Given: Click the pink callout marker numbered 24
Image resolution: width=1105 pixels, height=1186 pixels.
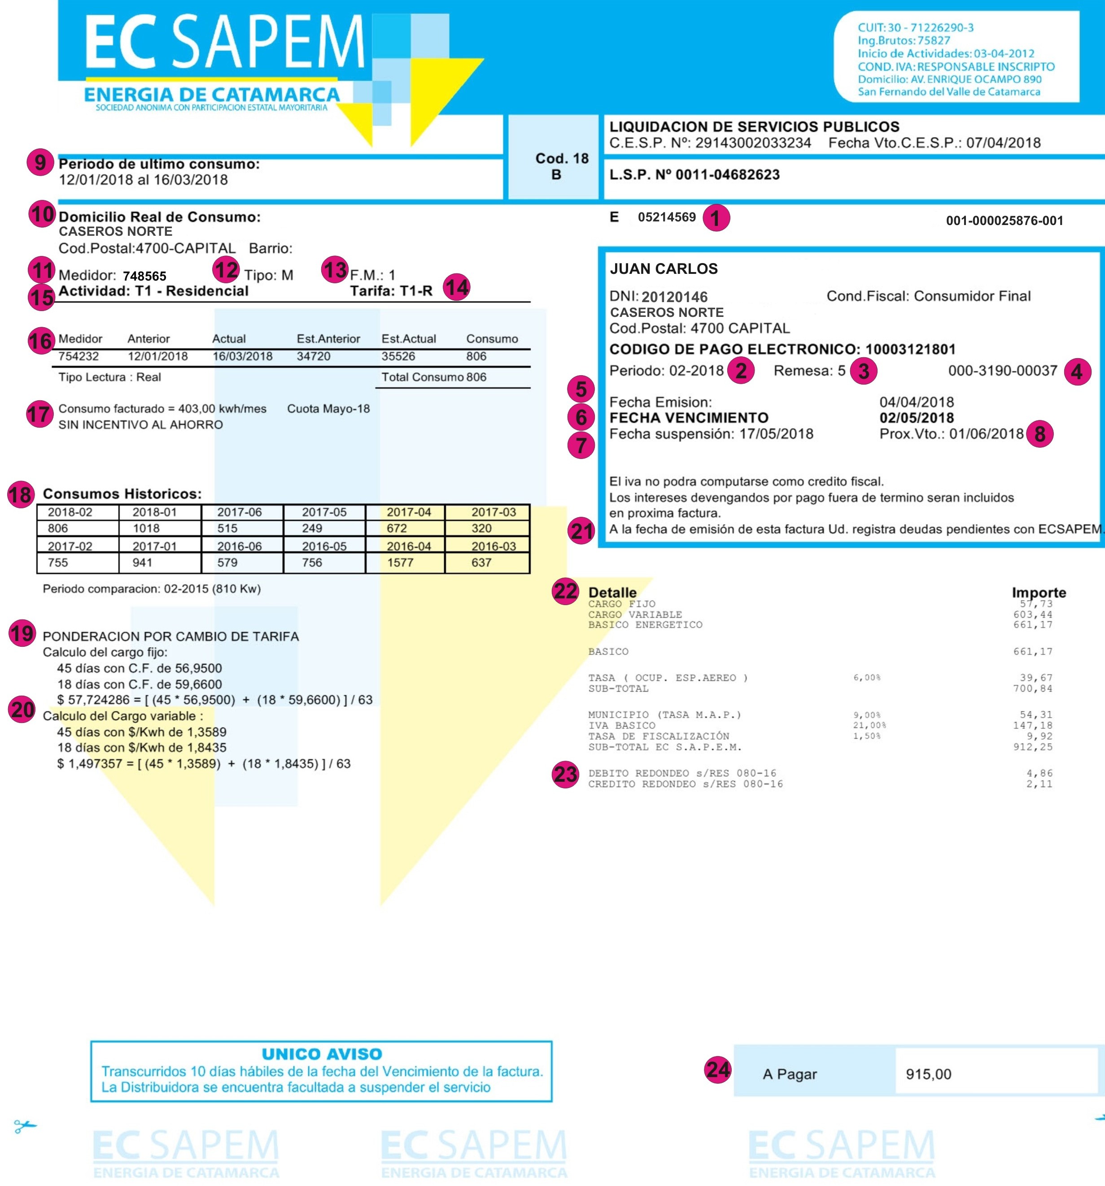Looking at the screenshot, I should (x=718, y=1069).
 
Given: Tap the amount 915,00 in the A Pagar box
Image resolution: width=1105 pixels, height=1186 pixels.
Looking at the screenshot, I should (x=928, y=1074).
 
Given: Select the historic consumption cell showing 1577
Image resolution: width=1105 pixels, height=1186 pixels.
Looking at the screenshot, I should (x=400, y=563).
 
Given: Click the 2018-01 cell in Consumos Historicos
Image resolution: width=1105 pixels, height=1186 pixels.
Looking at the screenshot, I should (x=146, y=512).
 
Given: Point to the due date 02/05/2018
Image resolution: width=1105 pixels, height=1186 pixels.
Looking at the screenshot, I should (x=917, y=418).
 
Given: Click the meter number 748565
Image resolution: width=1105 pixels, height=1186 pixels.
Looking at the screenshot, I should (x=144, y=276).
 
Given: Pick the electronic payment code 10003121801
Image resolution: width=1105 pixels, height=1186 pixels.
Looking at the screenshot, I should (x=910, y=349).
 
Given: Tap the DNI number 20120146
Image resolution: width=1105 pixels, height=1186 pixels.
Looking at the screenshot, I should (x=675, y=297).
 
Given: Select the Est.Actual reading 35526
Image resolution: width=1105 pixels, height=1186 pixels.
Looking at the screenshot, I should (x=398, y=356).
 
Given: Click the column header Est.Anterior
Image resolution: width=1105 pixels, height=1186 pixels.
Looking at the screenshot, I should (x=328, y=339).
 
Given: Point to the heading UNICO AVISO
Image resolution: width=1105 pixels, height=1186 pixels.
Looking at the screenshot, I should (x=322, y=1054).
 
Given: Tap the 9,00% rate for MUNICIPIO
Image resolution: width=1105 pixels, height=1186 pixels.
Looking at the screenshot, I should (x=867, y=715).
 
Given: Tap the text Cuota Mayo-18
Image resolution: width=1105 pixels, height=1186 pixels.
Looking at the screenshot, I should (x=328, y=409).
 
